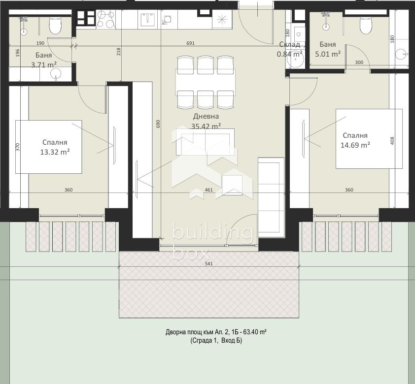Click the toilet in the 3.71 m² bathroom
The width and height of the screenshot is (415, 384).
pos(55,25)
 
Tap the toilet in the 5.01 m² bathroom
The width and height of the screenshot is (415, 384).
pos(366,25)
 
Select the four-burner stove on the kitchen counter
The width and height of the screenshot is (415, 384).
pos(106,19)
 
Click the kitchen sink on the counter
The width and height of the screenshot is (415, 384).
pos(147,19)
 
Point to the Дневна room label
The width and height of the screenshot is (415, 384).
pos(206,116)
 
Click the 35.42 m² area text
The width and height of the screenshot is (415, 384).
pos(206,126)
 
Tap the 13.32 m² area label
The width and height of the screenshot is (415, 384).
pos(55,152)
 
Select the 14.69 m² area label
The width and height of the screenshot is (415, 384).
pos(355,145)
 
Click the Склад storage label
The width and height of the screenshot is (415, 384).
pos(289,44)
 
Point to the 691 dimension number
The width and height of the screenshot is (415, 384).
pos(191,43)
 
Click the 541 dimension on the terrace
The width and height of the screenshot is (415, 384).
pos(209,263)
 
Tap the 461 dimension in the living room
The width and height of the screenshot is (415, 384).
pos(209,190)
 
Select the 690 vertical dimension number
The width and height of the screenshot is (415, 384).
pos(158,124)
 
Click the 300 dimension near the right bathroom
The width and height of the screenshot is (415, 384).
pos(359,63)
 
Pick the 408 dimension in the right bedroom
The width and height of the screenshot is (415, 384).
pos(392,141)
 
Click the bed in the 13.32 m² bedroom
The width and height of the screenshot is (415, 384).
pos(48,147)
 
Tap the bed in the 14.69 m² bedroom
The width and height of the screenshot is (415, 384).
pos(369,139)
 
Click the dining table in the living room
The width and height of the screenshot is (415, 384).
pos(206,82)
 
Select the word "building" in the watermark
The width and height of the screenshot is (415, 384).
pos(212,232)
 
